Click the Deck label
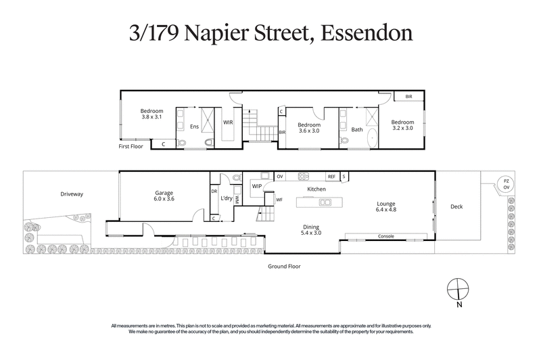coord(457,208)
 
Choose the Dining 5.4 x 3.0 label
coord(311,231)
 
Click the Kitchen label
coord(316,189)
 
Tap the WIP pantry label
coord(257,185)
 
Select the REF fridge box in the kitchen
coord(331,177)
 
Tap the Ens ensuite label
coord(194,126)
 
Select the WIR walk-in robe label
coord(229,122)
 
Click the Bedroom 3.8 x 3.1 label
coord(151,114)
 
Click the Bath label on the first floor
coord(356,129)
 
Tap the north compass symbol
coord(458,288)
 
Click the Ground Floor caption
coord(283,266)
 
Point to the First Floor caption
coord(133,145)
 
